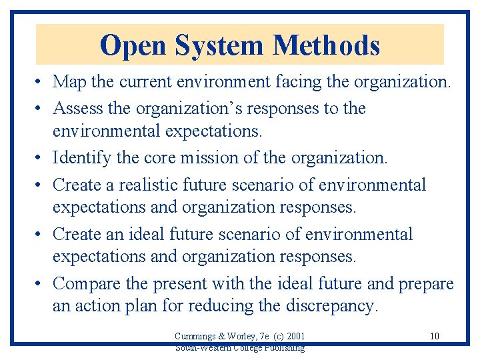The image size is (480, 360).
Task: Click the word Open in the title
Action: (x=133, y=45)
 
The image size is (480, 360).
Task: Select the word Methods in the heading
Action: (x=327, y=45)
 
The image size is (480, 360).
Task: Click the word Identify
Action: (x=81, y=158)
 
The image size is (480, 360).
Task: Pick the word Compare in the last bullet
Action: (x=87, y=283)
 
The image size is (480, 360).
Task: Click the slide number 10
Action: (x=435, y=336)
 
